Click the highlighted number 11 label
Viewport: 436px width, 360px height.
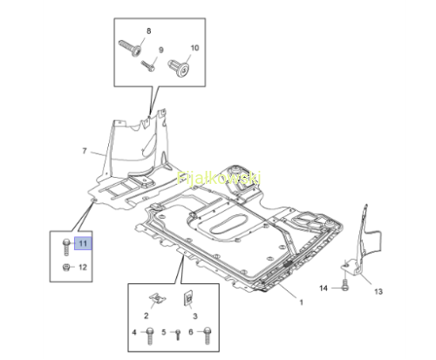click(x=83, y=243)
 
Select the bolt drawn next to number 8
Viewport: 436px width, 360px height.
click(x=131, y=48)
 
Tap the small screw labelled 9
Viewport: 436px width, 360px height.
click(x=148, y=66)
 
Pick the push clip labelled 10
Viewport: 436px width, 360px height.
click(x=179, y=68)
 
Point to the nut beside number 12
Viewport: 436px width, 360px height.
click(x=66, y=267)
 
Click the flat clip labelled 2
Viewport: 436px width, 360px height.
click(x=157, y=297)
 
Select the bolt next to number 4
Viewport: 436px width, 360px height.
click(x=150, y=336)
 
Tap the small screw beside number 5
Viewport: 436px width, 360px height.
click(x=178, y=335)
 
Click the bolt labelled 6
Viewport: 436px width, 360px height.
click(x=208, y=336)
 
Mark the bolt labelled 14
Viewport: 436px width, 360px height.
click(x=345, y=285)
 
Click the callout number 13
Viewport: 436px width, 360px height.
click(x=378, y=291)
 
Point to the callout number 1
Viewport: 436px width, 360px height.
click(x=301, y=302)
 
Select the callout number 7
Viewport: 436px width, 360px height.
click(x=85, y=151)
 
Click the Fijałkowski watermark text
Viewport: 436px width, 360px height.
click(x=219, y=178)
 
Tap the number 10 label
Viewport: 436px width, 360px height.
click(x=194, y=48)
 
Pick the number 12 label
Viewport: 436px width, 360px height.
click(x=83, y=267)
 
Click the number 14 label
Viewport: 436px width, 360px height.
click(x=324, y=288)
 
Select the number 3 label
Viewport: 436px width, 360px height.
click(x=195, y=316)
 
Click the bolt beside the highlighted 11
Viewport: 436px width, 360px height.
click(x=66, y=247)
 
